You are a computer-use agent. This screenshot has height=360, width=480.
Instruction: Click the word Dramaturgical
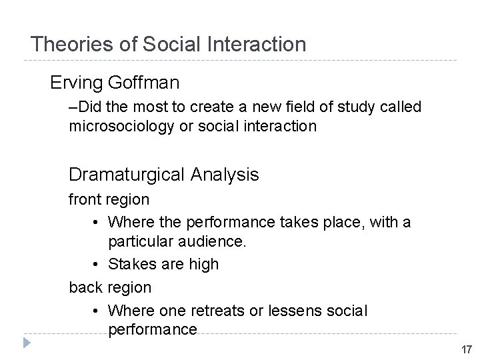click(x=127, y=175)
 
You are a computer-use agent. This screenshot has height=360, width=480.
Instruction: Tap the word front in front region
click(x=83, y=199)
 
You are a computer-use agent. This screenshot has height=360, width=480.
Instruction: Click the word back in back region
click(x=84, y=287)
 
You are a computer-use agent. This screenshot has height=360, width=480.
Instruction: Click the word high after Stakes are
click(x=203, y=264)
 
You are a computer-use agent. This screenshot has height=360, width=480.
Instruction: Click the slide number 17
click(x=465, y=349)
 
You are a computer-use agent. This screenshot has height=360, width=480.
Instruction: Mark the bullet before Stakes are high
click(x=97, y=265)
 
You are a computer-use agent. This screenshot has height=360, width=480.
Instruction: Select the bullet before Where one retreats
click(x=97, y=311)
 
